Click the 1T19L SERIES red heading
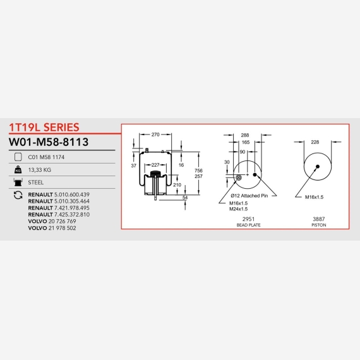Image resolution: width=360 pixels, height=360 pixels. click(x=44, y=128)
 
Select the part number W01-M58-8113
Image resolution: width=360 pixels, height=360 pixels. click(x=49, y=142)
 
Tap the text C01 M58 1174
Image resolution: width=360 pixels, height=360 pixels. click(x=46, y=157)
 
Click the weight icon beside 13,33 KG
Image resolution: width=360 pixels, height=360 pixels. click(x=18, y=170)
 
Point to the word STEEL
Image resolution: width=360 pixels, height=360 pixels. click(x=35, y=183)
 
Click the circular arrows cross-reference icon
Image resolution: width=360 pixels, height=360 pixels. click(x=18, y=195)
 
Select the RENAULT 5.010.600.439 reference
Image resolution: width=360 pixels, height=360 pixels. click(x=59, y=195)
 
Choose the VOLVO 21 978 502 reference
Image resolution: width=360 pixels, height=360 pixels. click(x=52, y=228)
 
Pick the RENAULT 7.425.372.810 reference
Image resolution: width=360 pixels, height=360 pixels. click(x=59, y=215)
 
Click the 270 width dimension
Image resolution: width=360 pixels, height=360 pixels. click(x=155, y=135)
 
